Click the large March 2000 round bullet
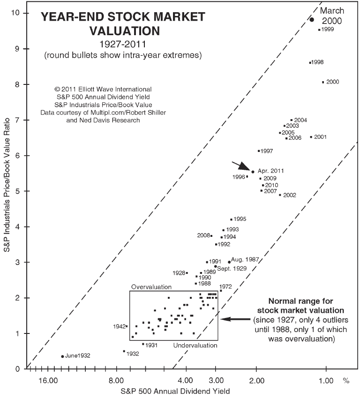point(312,19)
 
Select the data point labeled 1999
point(319,30)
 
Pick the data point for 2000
point(323,82)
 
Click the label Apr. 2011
point(270,171)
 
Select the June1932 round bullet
point(62,356)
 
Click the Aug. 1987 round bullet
point(229,262)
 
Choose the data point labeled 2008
point(211,235)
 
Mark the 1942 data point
point(127,326)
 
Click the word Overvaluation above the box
point(151,287)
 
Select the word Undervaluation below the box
point(195,346)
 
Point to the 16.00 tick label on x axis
point(48,380)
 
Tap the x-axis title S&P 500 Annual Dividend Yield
point(175,391)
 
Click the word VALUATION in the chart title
point(123,31)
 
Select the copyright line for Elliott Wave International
point(103,89)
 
